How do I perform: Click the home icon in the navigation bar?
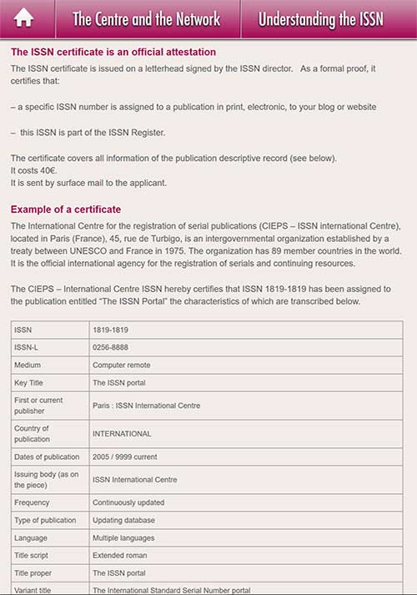coord(24,18)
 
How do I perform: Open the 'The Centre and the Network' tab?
coord(147,19)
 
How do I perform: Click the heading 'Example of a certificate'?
coord(66,209)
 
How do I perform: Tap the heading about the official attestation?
coord(113,52)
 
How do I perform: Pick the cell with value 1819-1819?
coord(110,330)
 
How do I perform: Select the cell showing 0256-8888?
coord(110,347)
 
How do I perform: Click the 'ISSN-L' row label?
coord(28,347)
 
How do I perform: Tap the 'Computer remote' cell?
coord(123,365)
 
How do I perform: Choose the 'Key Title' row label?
coord(32,382)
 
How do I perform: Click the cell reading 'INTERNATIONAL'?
coord(122,434)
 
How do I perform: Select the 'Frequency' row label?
coord(34,502)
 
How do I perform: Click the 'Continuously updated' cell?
coord(128,502)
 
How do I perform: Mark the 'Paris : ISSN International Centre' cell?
coord(147,406)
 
